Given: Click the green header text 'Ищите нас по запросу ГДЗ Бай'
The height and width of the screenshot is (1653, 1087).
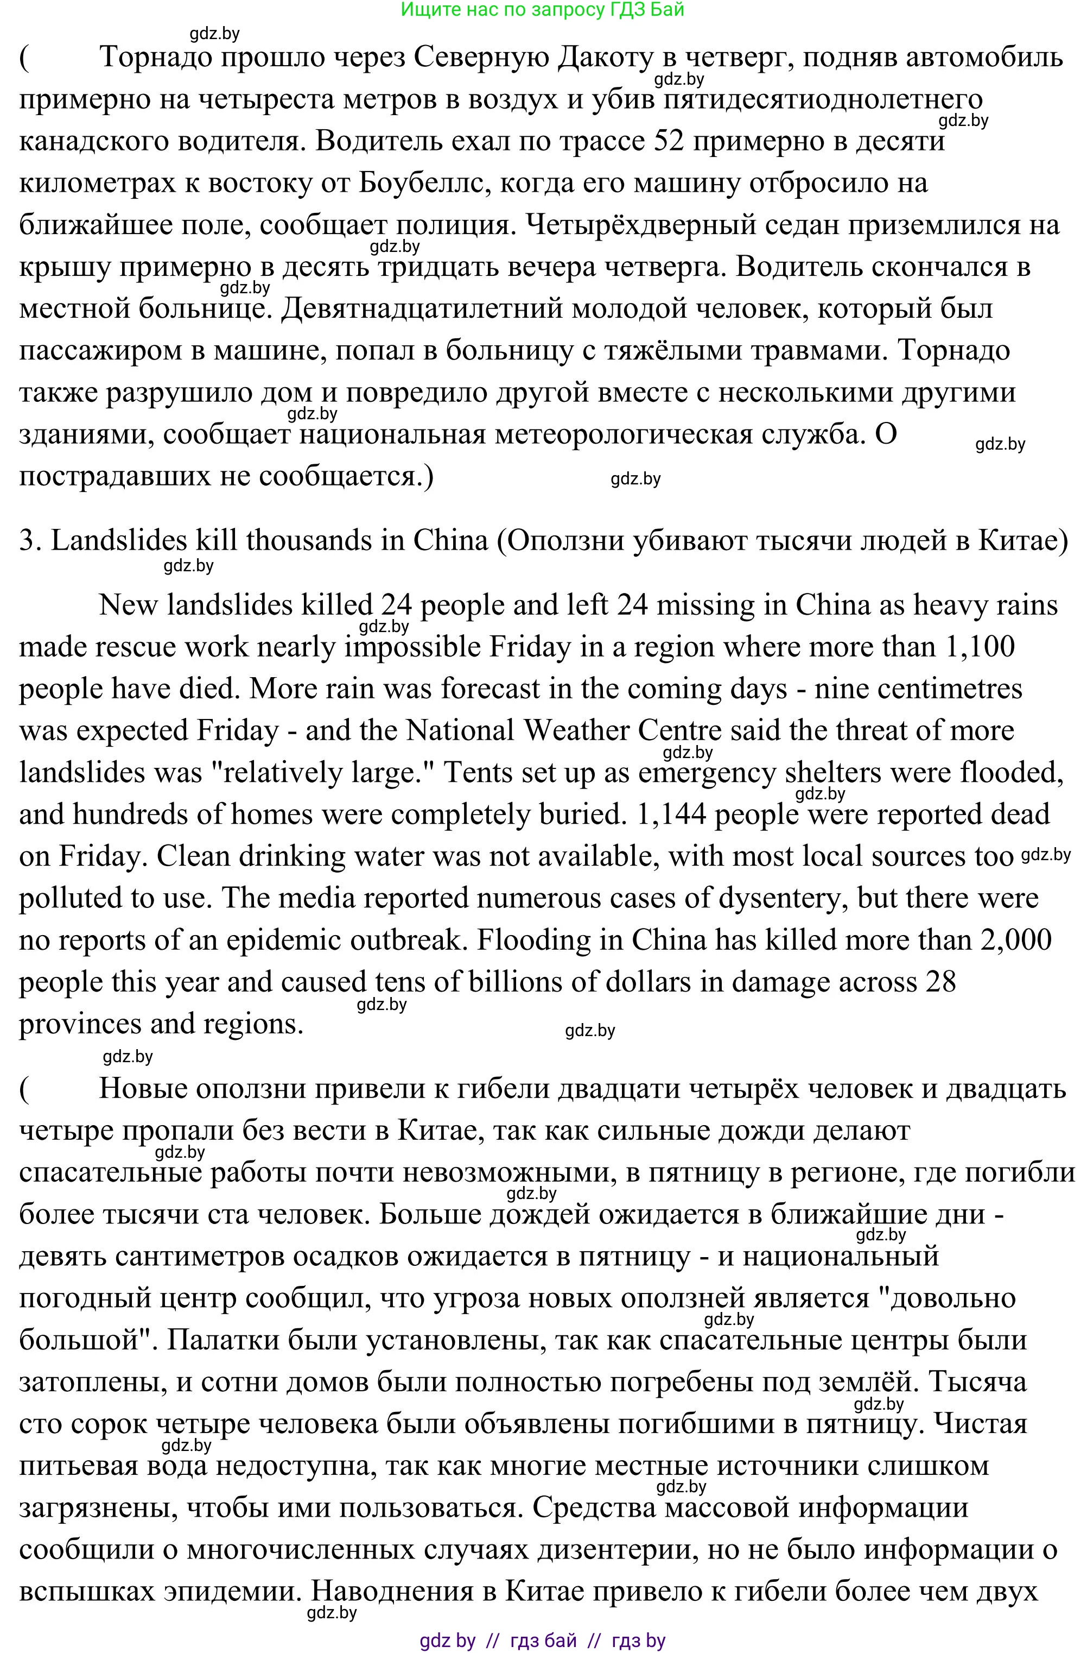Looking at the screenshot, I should click(x=542, y=10).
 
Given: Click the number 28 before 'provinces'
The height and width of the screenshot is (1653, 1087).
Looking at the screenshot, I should click(x=940, y=981).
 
